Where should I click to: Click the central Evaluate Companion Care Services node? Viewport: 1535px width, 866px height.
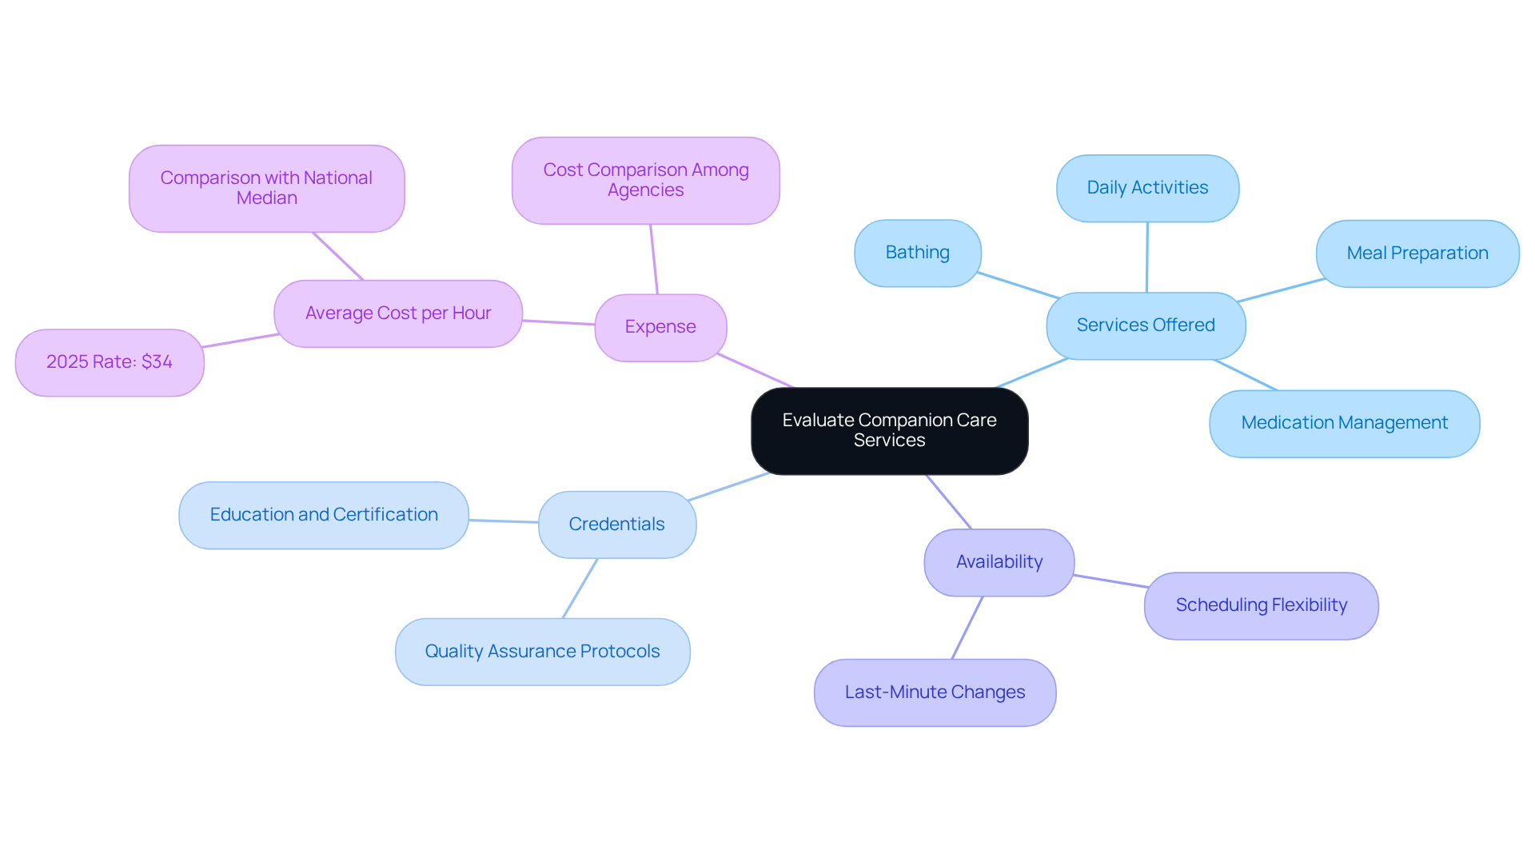click(x=889, y=431)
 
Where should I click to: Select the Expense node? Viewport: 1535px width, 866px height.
click(x=660, y=327)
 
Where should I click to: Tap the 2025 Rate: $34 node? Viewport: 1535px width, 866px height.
click(x=110, y=362)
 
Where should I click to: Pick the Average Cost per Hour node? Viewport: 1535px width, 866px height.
click(x=398, y=313)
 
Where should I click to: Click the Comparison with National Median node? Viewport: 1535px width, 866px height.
click(x=266, y=188)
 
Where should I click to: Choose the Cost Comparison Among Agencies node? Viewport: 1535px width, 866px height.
click(x=645, y=180)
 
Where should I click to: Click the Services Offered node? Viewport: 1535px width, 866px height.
click(x=1146, y=325)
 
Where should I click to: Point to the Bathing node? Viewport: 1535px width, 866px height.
click(x=917, y=253)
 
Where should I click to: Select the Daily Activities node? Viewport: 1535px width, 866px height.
click(x=1147, y=188)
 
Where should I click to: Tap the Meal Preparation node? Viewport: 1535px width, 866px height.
click(x=1417, y=253)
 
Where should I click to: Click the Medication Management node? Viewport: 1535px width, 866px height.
click(x=1344, y=423)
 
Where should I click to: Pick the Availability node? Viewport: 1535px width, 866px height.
click(x=999, y=562)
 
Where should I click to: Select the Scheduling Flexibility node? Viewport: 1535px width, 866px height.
click(x=1261, y=605)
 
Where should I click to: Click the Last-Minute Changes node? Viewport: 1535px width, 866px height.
click(x=935, y=692)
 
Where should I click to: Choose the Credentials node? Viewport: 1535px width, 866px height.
click(x=616, y=525)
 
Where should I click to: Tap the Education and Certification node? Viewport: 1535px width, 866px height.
click(x=323, y=515)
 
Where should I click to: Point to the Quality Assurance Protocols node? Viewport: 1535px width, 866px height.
click(x=542, y=652)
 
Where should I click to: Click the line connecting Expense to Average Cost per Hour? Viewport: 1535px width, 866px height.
click(x=558, y=322)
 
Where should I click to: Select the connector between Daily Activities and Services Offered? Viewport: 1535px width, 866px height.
click(x=1147, y=257)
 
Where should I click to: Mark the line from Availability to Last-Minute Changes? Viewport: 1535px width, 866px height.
click(x=967, y=628)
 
